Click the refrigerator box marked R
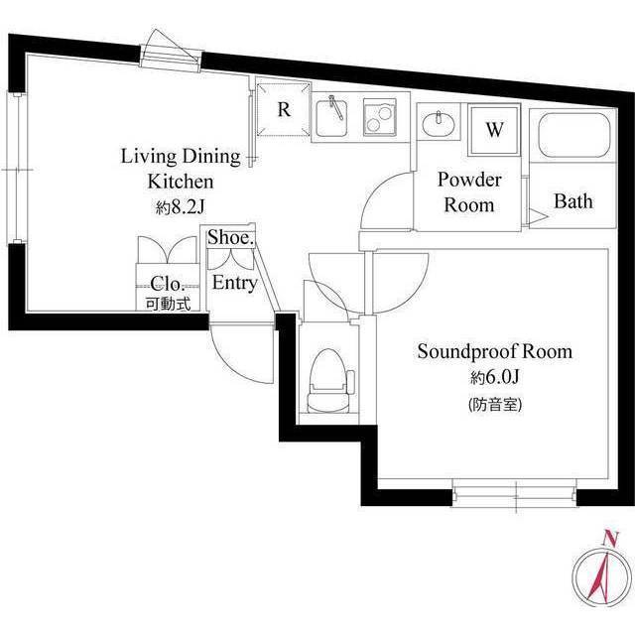point(282,111)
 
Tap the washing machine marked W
point(493,132)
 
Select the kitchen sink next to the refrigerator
point(334,118)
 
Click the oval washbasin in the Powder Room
point(438,125)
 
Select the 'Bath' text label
point(572,202)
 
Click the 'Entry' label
point(235,284)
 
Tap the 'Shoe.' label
point(231,239)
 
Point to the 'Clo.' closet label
point(165,282)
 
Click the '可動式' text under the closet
point(165,305)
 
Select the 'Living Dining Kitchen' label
point(181,169)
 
